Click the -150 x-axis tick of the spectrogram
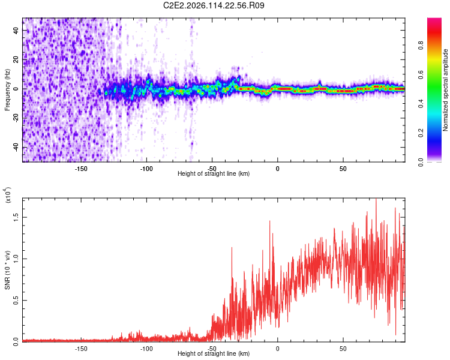click(x=82, y=169)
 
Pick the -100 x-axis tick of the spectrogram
click(x=147, y=169)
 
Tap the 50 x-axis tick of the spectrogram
click(x=343, y=169)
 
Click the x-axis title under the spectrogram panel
click(x=214, y=174)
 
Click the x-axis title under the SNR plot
click(x=214, y=354)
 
